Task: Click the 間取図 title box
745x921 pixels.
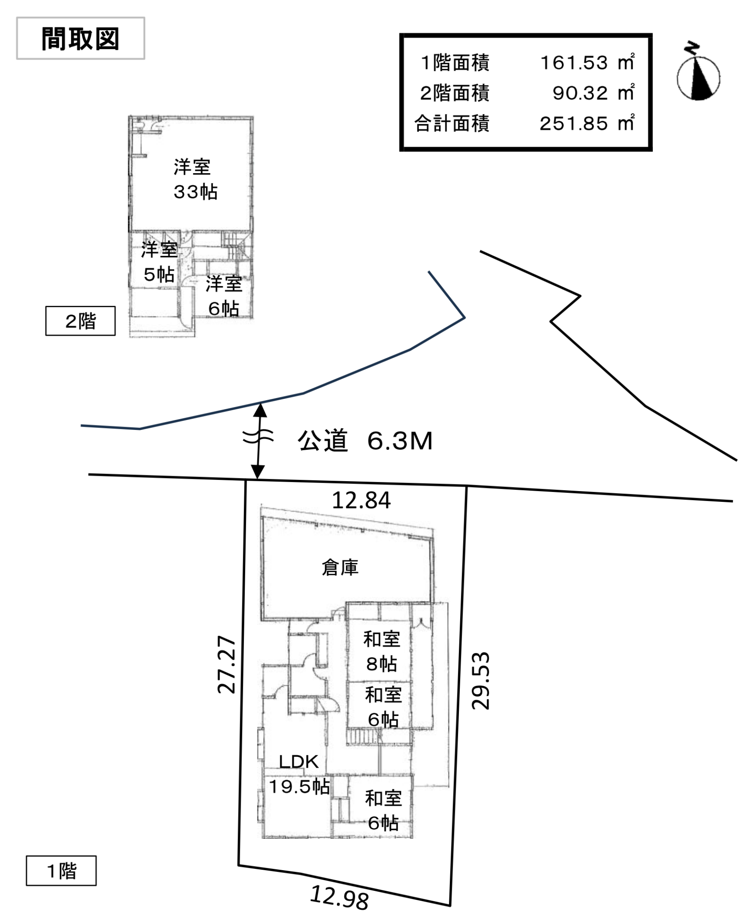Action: point(81,39)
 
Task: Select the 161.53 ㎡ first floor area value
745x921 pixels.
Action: point(587,63)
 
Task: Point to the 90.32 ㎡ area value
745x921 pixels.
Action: point(593,93)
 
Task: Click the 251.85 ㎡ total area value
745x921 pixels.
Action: point(587,123)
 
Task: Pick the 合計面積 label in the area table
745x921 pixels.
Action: point(452,124)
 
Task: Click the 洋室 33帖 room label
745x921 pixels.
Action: point(195,179)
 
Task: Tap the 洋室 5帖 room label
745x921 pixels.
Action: point(159,261)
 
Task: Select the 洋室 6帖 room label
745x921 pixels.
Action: point(224,296)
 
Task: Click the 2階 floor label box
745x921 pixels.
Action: point(80,321)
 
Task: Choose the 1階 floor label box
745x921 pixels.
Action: point(61,871)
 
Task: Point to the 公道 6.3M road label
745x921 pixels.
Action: point(365,441)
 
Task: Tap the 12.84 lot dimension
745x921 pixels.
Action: point(361,500)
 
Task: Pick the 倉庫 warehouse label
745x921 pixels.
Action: point(340,568)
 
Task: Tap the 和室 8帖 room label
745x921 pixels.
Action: point(381,651)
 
